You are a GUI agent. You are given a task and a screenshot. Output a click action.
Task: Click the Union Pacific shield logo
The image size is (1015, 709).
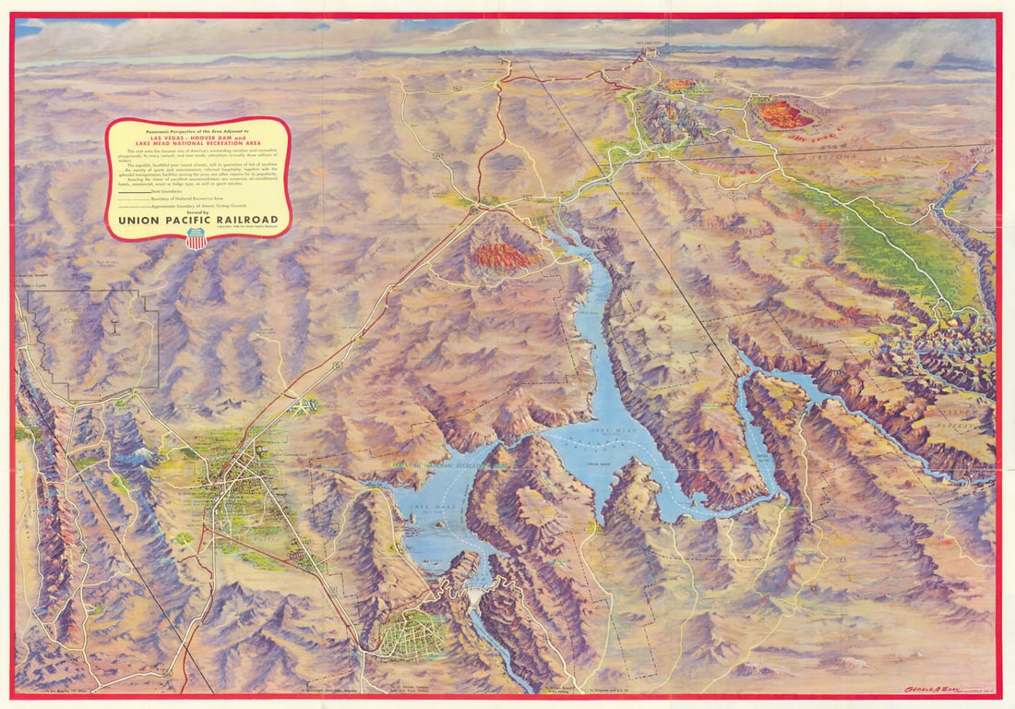[197, 239]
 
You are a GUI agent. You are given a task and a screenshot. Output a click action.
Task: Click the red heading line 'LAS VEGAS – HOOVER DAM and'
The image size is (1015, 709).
[197, 138]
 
